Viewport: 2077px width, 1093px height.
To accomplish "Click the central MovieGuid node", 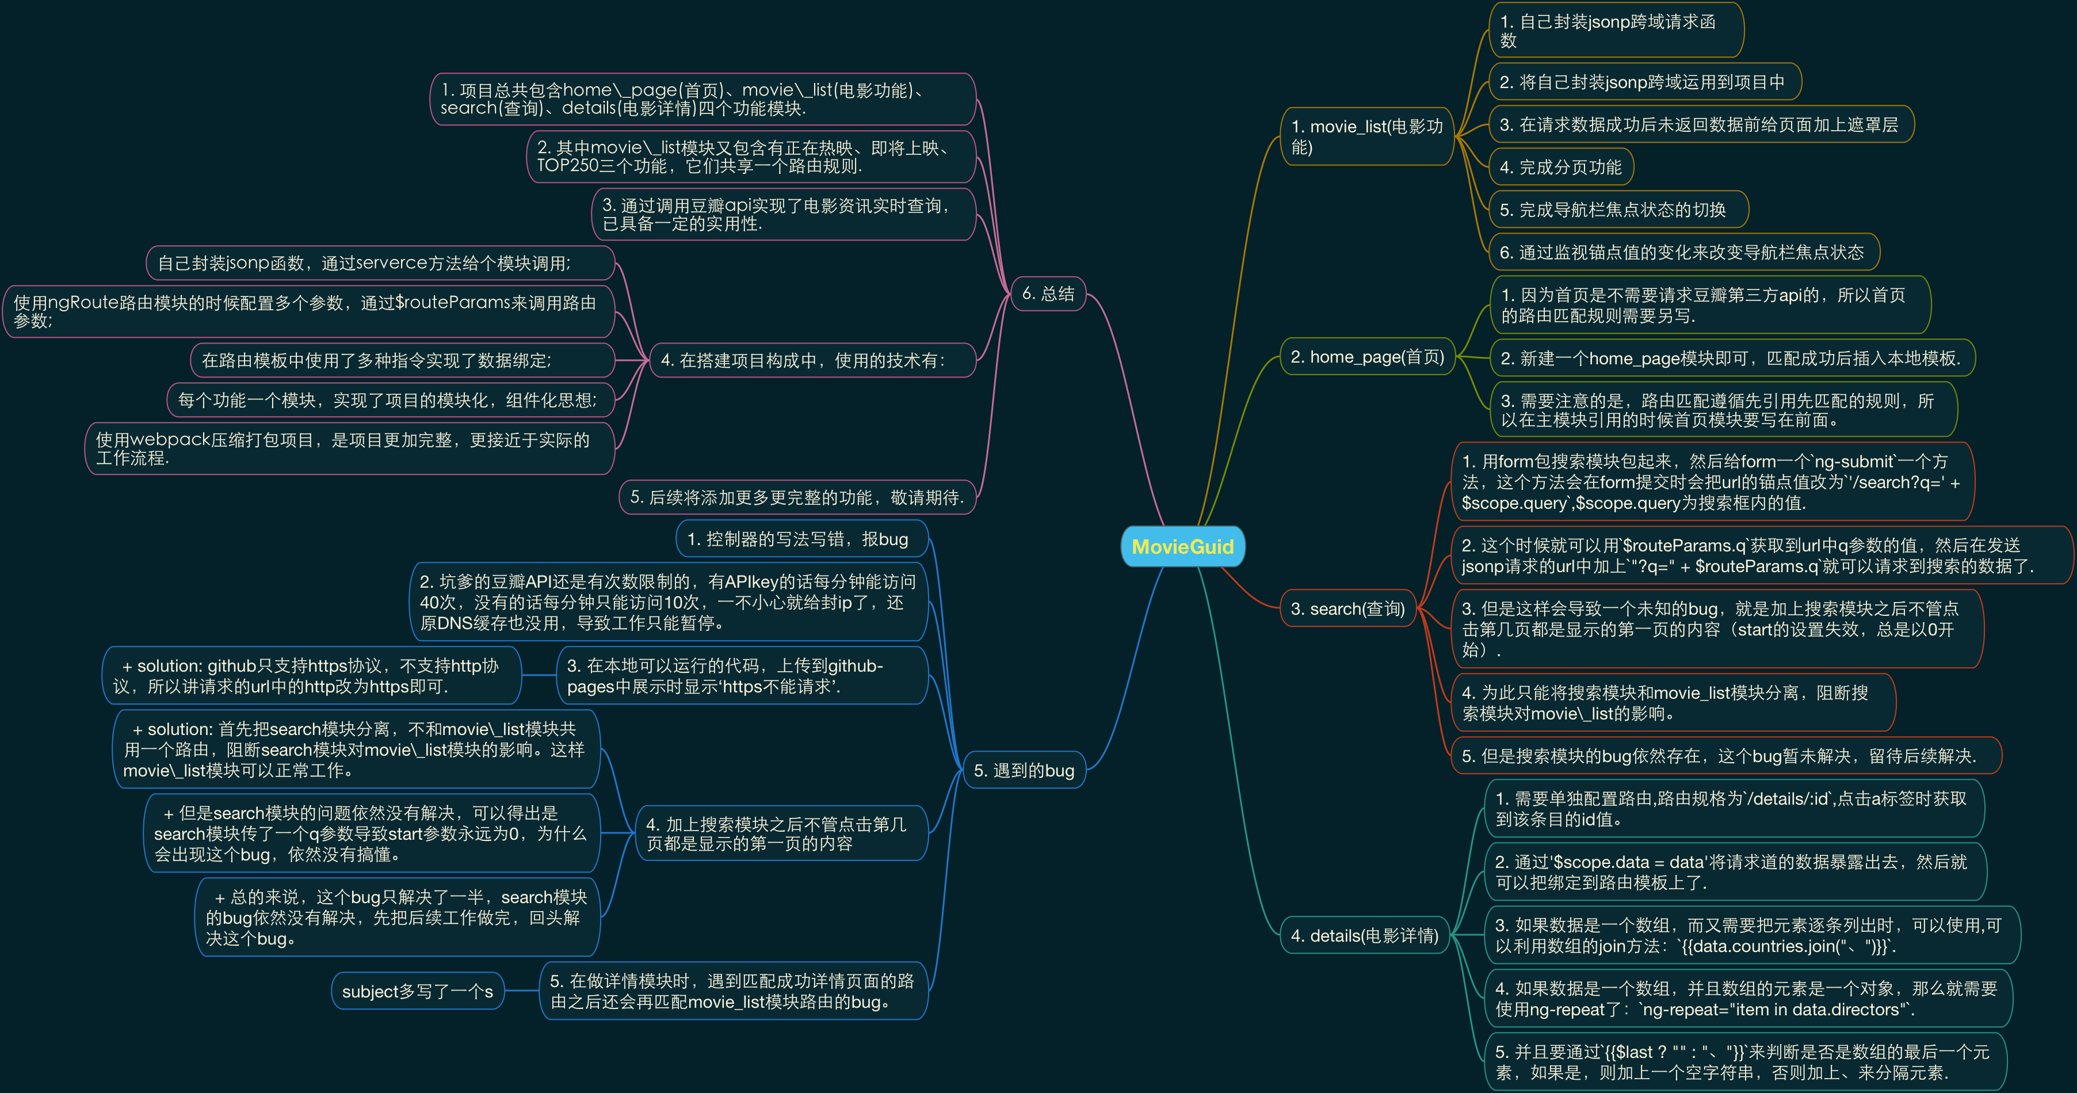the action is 1182,547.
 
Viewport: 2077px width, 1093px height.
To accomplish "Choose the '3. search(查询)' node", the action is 1347,609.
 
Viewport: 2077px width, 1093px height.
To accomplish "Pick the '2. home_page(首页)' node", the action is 1366,356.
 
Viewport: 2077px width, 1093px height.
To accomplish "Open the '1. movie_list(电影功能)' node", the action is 1366,136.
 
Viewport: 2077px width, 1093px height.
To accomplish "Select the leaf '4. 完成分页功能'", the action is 1560,167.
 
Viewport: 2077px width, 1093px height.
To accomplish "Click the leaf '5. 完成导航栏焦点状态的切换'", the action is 1613,210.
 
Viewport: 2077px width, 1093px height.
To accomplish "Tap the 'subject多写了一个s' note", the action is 417,991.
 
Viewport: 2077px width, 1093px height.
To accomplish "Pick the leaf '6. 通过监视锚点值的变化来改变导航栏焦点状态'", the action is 1682,253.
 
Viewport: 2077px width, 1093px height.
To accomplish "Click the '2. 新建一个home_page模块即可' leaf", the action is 1729,358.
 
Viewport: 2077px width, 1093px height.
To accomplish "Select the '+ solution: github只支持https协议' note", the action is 311,676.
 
